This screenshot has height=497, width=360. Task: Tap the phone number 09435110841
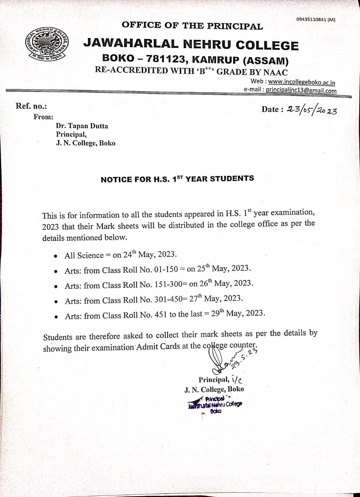click(x=312, y=19)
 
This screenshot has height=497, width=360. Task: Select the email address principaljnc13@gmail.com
click(x=301, y=90)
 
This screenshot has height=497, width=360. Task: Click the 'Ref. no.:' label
click(x=31, y=106)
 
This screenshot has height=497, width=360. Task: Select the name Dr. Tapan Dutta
click(x=82, y=126)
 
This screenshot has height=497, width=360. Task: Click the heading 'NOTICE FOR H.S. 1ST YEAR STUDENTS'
click(x=177, y=179)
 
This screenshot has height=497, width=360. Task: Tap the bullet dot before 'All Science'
click(x=57, y=256)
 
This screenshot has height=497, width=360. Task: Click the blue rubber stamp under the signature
click(x=215, y=405)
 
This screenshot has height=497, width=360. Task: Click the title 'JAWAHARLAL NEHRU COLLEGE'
click(x=191, y=45)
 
